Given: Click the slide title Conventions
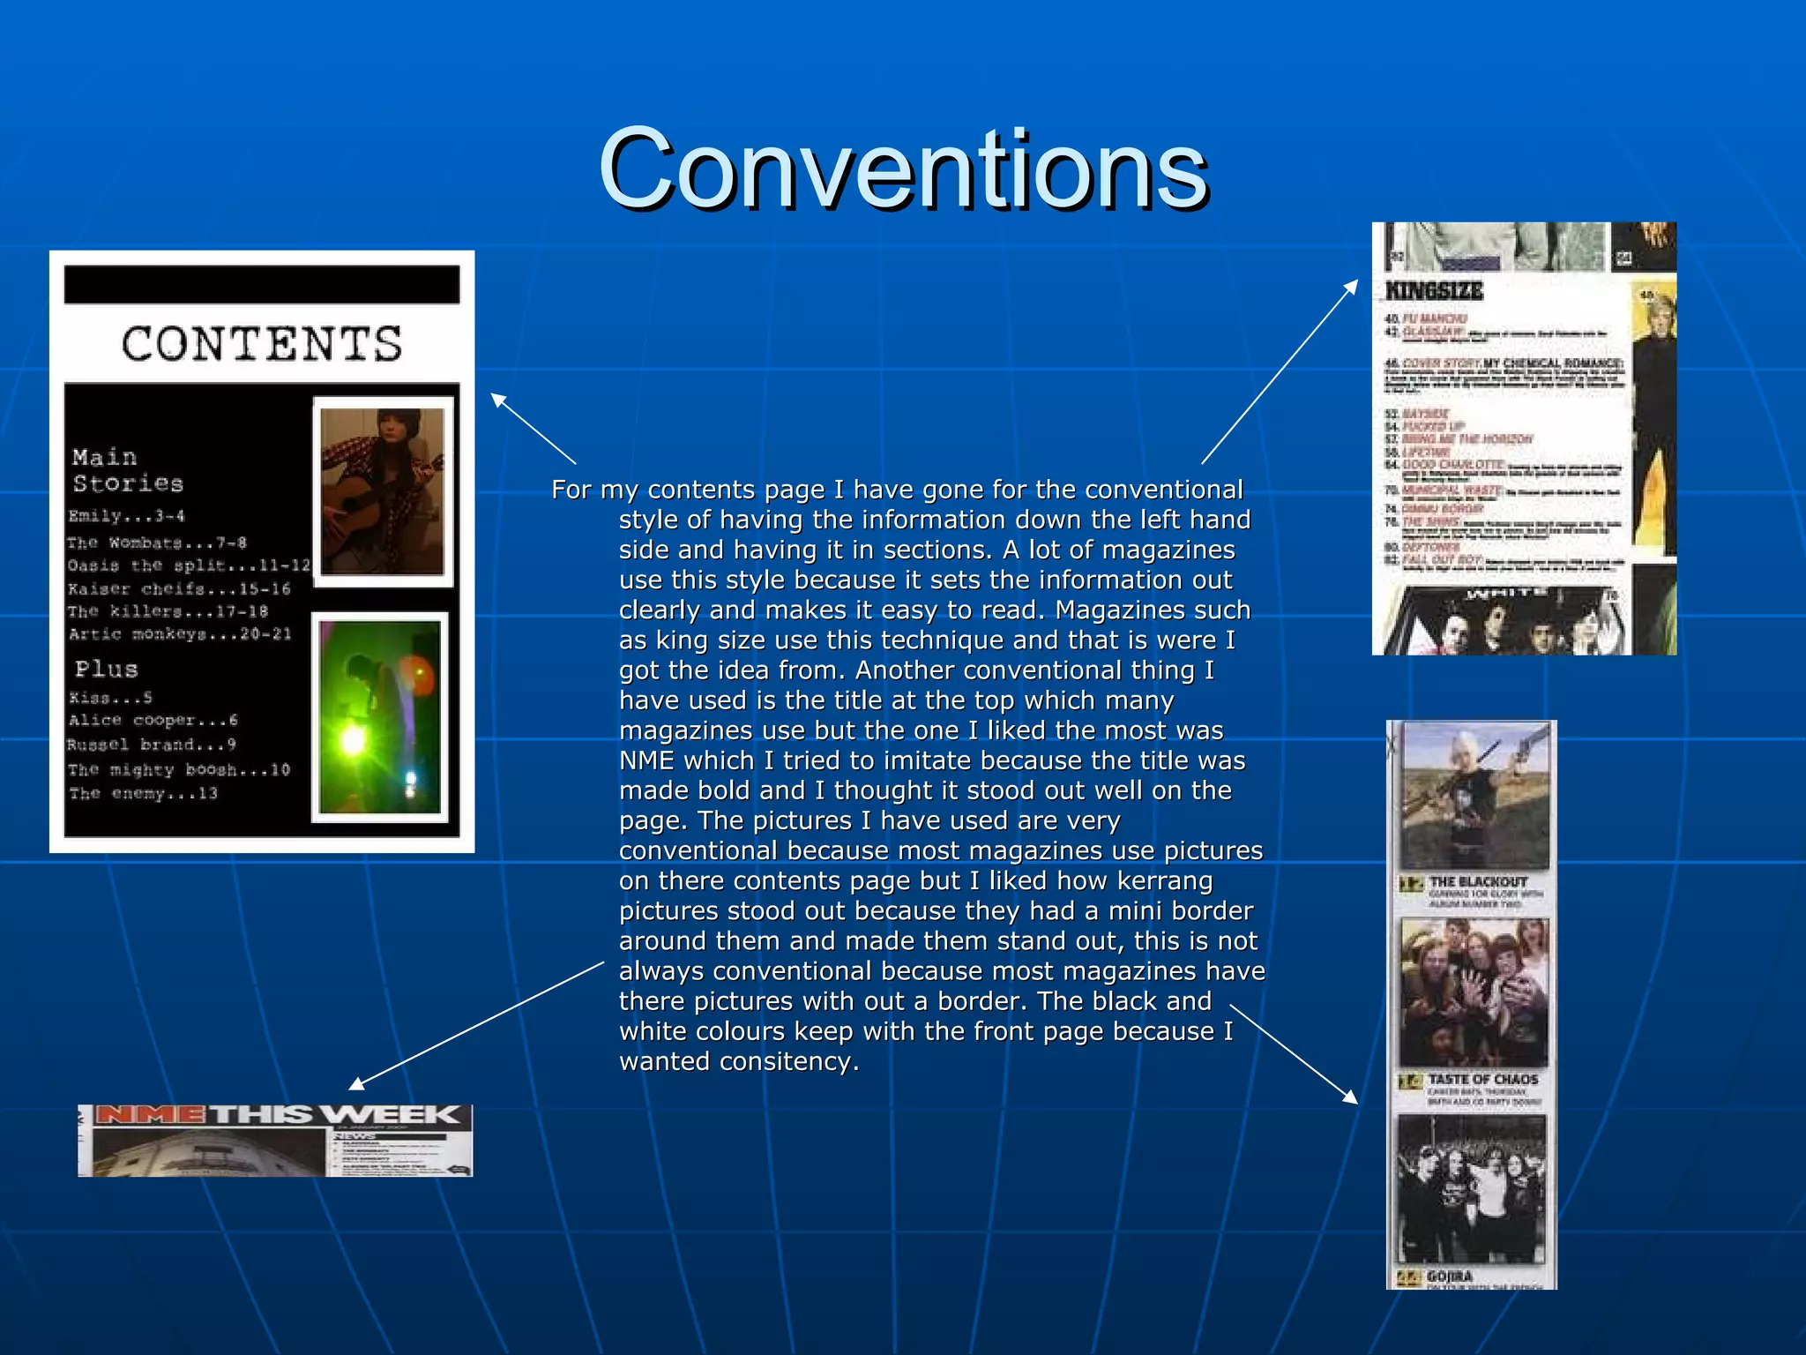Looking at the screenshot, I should [x=903, y=169].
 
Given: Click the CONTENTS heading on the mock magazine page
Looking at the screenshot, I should [x=262, y=344].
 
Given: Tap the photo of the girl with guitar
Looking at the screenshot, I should [x=383, y=491].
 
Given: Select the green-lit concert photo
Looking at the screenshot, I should [x=380, y=716].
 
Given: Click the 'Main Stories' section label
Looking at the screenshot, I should [x=128, y=470].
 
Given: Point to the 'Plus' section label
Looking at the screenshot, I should [x=107, y=669].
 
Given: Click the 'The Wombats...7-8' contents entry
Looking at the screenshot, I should [x=157, y=543].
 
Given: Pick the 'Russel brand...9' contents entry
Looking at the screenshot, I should [x=152, y=745].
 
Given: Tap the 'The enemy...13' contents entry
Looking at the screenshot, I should [x=143, y=793].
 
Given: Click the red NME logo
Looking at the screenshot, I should [x=149, y=1115].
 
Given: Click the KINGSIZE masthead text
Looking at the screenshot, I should [x=1434, y=290].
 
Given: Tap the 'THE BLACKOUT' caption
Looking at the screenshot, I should [x=1478, y=881].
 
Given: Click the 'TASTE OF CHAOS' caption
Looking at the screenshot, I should [x=1482, y=1079].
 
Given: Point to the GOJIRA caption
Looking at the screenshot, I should [x=1450, y=1276].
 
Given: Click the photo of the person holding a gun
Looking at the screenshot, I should [x=1474, y=796].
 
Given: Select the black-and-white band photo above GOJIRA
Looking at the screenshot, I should [x=1471, y=1188].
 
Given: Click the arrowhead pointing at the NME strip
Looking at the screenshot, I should [x=354, y=1084].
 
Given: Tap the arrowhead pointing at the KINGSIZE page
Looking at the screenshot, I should [x=1352, y=285].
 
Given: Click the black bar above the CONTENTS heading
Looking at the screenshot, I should [x=262, y=285].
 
